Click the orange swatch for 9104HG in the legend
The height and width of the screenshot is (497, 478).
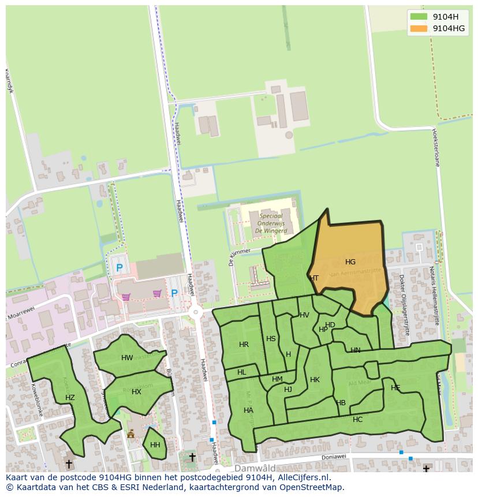(x=419, y=28)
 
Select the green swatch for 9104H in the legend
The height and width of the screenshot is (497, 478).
(x=419, y=17)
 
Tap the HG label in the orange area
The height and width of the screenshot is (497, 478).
(x=350, y=262)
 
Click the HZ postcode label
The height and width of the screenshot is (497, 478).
(x=70, y=398)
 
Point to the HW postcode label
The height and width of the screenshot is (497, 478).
(x=127, y=358)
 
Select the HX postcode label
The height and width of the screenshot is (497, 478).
(x=136, y=392)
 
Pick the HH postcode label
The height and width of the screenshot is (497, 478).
(x=155, y=445)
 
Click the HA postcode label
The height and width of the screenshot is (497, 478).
(x=248, y=410)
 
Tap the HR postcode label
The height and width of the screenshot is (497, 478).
(x=244, y=345)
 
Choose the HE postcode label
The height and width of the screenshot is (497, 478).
(x=395, y=388)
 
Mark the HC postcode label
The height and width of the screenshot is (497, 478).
(x=357, y=420)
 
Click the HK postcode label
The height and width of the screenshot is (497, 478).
(x=315, y=380)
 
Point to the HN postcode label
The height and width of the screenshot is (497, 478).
(x=355, y=350)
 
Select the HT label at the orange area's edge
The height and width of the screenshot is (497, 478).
(x=314, y=278)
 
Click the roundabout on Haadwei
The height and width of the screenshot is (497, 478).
(x=196, y=312)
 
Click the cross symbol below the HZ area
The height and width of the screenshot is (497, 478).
(x=69, y=464)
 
